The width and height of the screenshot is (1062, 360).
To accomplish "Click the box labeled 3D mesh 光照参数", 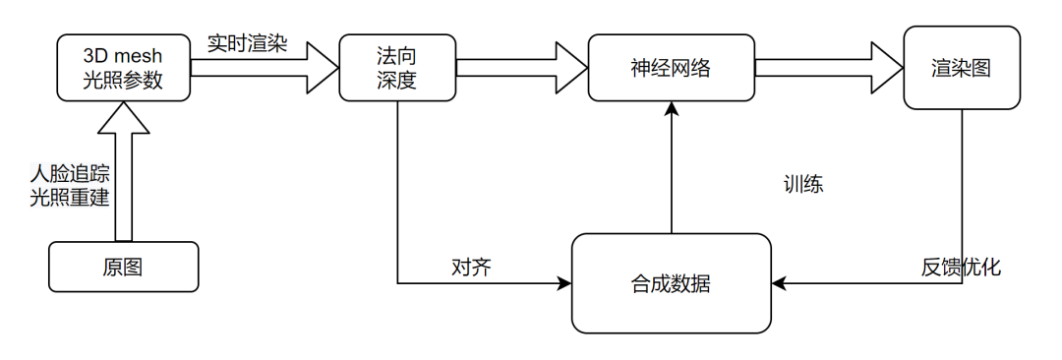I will [123, 68].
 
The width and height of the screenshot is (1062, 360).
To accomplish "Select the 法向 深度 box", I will [396, 68].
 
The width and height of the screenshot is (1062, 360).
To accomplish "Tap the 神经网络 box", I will [671, 68].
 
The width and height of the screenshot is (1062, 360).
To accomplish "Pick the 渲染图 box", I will [961, 68].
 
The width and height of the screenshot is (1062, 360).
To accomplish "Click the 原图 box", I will [123, 267].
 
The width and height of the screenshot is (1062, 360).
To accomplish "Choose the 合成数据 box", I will [671, 284].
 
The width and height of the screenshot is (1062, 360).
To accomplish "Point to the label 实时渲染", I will [247, 44].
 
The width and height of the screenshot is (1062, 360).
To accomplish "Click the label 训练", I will [803, 184].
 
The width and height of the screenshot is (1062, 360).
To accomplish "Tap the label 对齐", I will [471, 267].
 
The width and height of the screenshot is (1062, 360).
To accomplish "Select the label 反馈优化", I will [961, 267].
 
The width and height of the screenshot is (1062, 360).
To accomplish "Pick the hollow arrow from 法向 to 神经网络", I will [521, 68].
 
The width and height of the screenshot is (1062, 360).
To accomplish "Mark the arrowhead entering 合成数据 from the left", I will [564, 284].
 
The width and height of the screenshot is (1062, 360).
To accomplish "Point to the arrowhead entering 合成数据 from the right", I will [779, 284].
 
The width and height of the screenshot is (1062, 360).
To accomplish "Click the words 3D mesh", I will [123, 56].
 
